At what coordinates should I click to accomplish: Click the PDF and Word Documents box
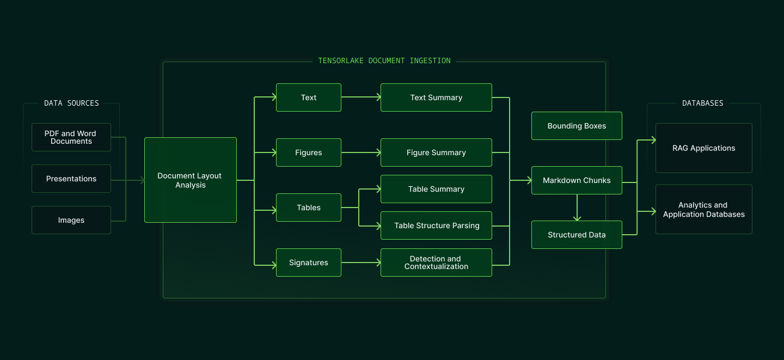coord(71,137)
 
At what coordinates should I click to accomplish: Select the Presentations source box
coord(71,179)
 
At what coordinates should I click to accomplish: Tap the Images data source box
coord(71,220)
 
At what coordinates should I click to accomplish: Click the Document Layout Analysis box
coord(190,180)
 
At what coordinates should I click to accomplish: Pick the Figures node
coord(308,152)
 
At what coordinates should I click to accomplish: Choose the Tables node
coord(308,208)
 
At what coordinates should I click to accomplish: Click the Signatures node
coord(308,263)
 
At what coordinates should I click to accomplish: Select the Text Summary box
coord(436,97)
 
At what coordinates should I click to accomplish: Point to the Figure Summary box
coord(436,152)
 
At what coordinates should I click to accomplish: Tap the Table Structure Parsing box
coord(436,225)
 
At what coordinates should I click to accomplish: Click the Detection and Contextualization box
coord(436,263)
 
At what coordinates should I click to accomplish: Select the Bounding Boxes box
coord(577,126)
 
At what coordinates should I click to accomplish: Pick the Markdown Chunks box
coord(577,180)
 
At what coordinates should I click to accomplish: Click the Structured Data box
coord(577,235)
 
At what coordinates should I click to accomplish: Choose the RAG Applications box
coord(703,148)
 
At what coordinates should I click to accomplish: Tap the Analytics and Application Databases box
coord(703,210)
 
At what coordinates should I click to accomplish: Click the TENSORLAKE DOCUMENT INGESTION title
coord(384,60)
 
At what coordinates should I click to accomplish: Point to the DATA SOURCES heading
coord(71,103)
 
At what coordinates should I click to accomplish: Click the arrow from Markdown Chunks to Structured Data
coord(577,208)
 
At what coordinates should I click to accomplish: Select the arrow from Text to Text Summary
coord(361,97)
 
